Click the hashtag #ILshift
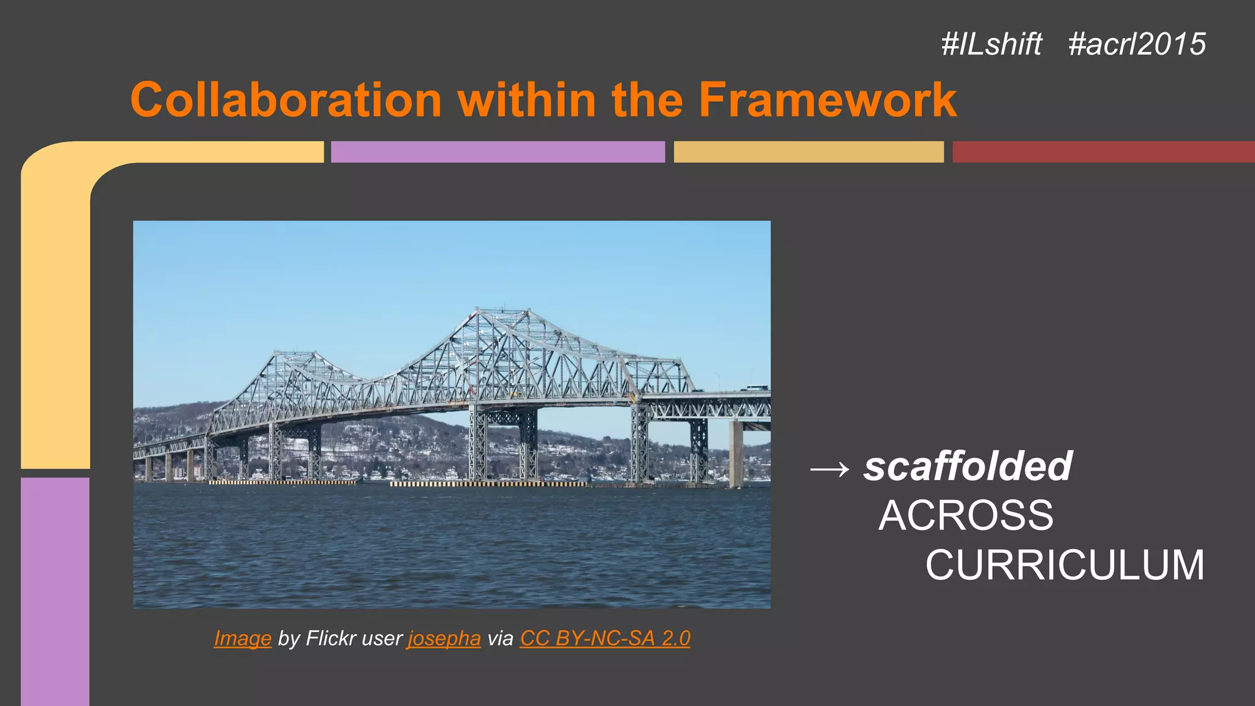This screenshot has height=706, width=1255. pos(991,44)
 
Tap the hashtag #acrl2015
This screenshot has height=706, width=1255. pos(1137,44)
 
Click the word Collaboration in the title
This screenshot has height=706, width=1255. pos(286,99)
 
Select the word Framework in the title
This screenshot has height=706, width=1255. pos(827,99)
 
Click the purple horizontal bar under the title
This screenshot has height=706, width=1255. pos(498,152)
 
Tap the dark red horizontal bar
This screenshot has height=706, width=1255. pos(1103,152)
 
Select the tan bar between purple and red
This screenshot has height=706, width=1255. pos(808,152)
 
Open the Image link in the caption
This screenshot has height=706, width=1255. pos(243,639)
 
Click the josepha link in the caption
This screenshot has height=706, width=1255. pos(444,639)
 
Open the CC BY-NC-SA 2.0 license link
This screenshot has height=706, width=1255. pos(605,639)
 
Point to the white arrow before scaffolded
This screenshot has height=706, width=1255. pos(830,469)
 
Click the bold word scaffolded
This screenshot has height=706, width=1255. pos(968,466)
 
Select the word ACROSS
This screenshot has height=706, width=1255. pos(966,515)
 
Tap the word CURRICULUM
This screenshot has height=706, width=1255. pos(1065,565)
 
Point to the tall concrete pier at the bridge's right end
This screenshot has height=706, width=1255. pos(735,454)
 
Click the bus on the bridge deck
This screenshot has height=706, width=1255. pos(757,387)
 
